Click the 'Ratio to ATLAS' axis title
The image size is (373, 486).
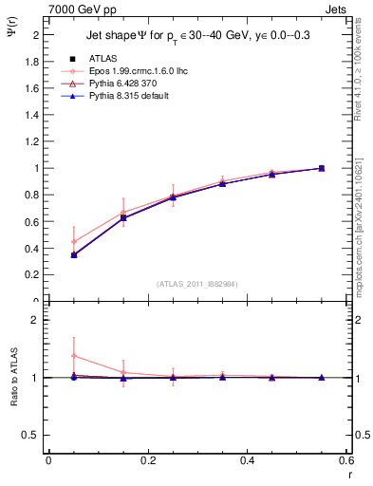tap(13, 378)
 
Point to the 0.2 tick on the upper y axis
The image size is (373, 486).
tap(31, 275)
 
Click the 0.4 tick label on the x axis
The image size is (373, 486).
tap(247, 460)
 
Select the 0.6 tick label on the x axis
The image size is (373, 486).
tap(345, 460)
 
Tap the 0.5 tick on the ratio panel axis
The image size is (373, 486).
tap(31, 435)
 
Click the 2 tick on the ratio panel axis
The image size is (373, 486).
tap(36, 321)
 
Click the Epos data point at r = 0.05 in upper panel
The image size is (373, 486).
tap(74, 241)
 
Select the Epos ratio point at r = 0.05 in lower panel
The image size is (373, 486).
tap(74, 356)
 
